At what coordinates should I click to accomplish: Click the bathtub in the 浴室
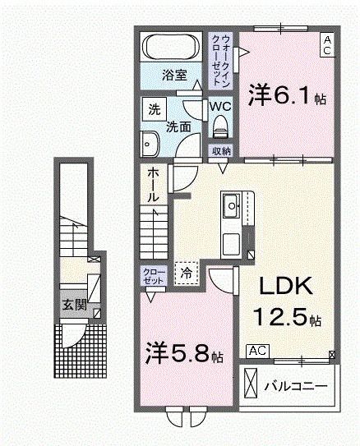170,47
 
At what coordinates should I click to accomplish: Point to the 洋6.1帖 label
287,98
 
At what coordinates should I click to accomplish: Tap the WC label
219,106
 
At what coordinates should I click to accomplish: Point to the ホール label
155,186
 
